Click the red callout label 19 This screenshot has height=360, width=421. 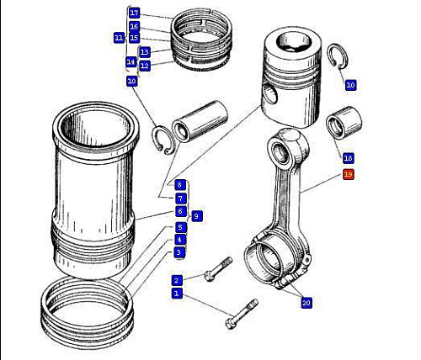pyautogui.click(x=348, y=174)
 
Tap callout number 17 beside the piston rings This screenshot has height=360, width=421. pyautogui.click(x=135, y=13)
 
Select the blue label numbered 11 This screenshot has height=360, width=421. pyautogui.click(x=119, y=38)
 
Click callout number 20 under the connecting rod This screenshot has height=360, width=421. pyautogui.click(x=306, y=303)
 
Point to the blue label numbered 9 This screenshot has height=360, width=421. pyautogui.click(x=196, y=216)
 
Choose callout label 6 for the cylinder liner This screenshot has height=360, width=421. pyautogui.click(x=180, y=211)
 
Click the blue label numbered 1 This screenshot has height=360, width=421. pyautogui.click(x=177, y=294)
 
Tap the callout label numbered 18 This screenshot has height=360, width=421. pyautogui.click(x=348, y=158)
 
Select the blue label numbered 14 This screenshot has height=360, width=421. pyautogui.click(x=131, y=62)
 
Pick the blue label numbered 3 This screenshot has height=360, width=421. pyautogui.click(x=179, y=252)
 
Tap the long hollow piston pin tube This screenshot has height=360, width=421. pyautogui.click(x=200, y=120)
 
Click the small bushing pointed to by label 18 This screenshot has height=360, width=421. pyautogui.click(x=344, y=123)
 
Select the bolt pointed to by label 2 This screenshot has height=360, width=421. pyautogui.click(x=218, y=269)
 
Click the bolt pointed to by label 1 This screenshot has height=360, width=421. pyautogui.click(x=242, y=315)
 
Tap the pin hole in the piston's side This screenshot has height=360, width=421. pyautogui.click(x=270, y=94)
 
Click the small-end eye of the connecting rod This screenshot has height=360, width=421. pyautogui.click(x=281, y=151)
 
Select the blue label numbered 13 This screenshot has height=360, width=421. pyautogui.click(x=145, y=52)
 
